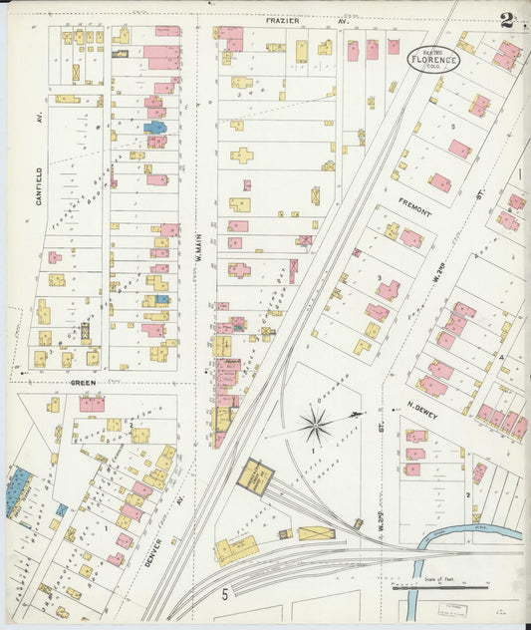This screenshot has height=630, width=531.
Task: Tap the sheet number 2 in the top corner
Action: point(508,20)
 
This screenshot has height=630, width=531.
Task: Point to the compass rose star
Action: point(315,427)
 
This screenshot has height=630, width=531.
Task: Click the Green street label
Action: point(81,382)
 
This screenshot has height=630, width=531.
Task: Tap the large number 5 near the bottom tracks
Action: point(225,595)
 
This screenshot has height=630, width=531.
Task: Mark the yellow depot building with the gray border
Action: point(255,478)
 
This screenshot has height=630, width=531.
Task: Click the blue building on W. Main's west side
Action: point(155,128)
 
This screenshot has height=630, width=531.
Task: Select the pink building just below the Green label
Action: point(92,404)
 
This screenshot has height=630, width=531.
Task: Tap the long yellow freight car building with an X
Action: point(316,533)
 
